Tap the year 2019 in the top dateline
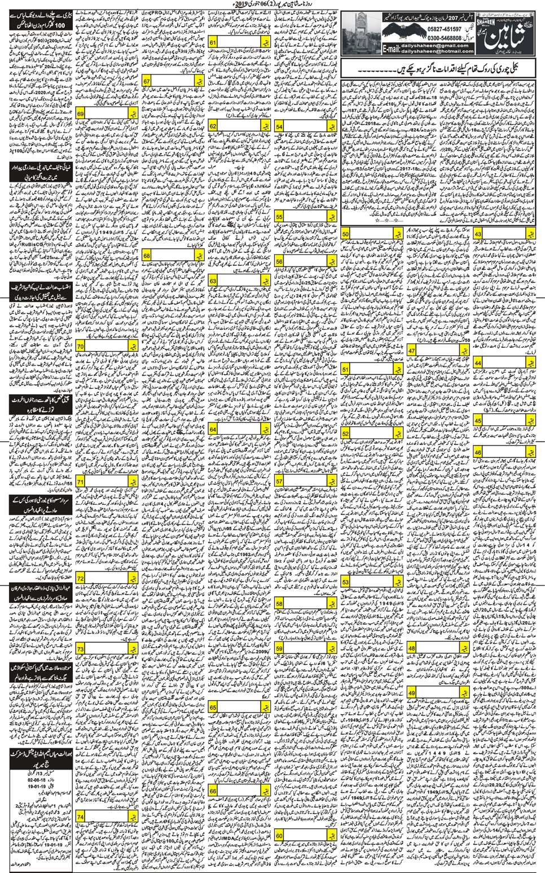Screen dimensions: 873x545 point(290,5)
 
